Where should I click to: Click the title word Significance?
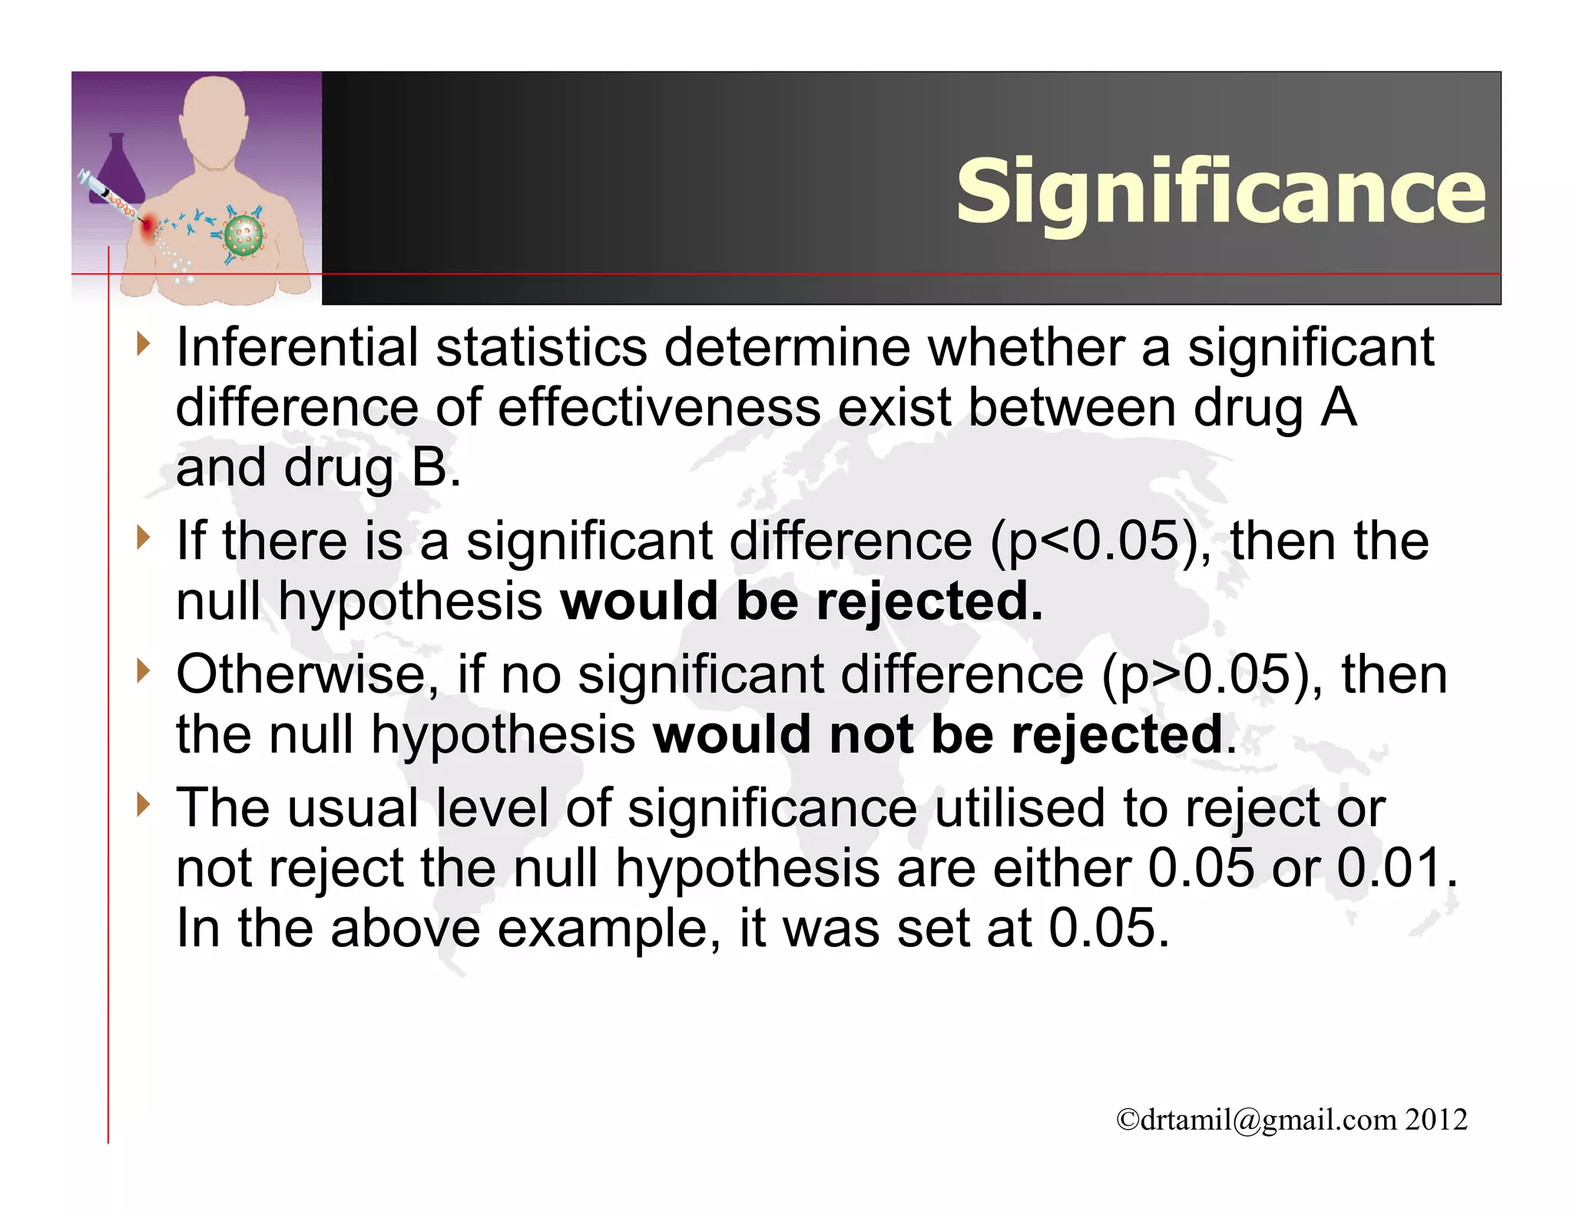point(1220,192)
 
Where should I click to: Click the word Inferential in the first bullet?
point(297,347)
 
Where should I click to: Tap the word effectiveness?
point(659,407)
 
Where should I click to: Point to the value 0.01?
point(1389,869)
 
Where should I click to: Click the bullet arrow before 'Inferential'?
point(141,345)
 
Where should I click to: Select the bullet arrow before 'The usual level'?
point(141,806)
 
